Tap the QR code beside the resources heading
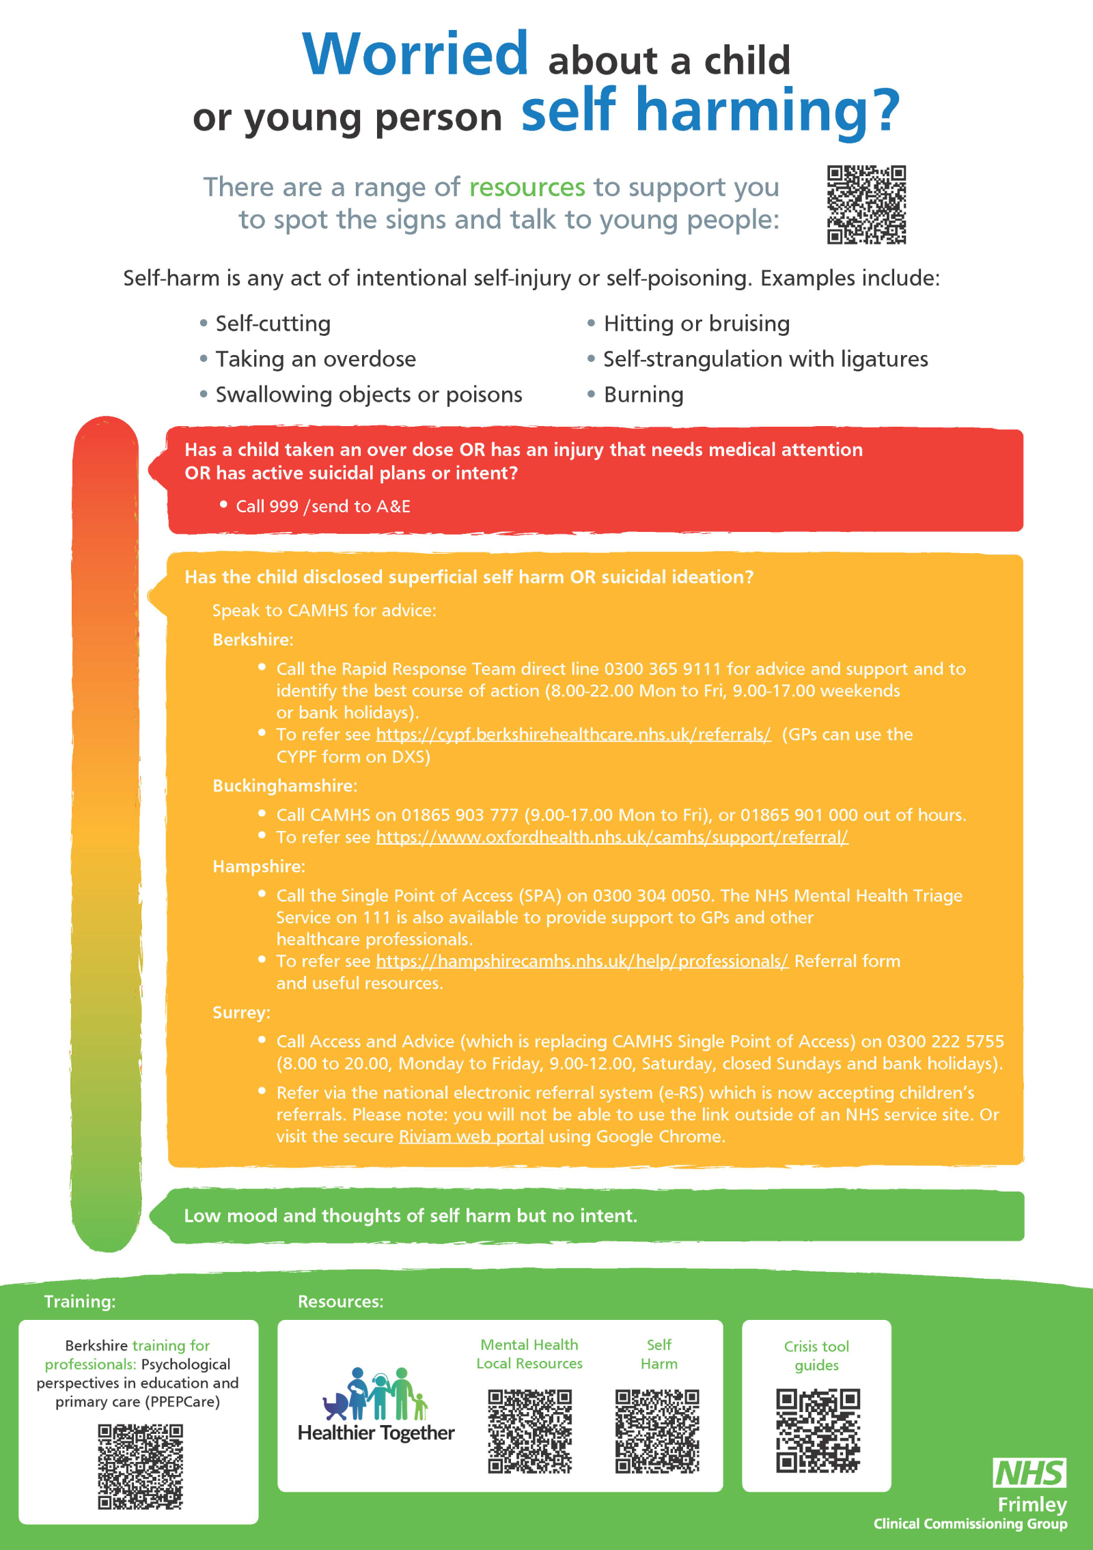866,204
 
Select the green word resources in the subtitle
527,187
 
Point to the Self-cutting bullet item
273,324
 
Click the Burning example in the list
643,395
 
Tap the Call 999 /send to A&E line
322,507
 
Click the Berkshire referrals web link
573,735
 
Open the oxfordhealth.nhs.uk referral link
612,837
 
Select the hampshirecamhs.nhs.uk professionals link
582,961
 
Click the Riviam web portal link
471,1137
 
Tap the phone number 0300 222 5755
945,1041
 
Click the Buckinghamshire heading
285,786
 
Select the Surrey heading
241,1013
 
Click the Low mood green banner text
410,1216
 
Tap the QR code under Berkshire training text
140,1466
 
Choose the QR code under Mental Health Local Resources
529,1431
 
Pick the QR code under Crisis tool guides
818,1431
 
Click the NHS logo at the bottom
1029,1474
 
